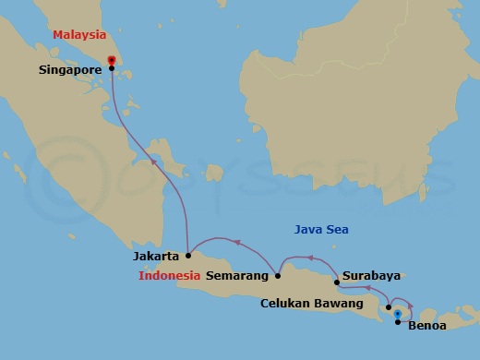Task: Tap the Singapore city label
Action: pyautogui.click(x=70, y=68)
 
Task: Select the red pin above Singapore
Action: pyautogui.click(x=112, y=61)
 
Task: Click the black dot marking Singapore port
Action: pyautogui.click(x=112, y=68)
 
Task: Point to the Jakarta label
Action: pyautogui.click(x=156, y=256)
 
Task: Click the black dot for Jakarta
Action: pyautogui.click(x=187, y=256)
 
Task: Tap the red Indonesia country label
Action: pyautogui.click(x=170, y=275)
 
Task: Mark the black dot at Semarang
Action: pyautogui.click(x=279, y=275)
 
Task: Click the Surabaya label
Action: pyautogui.click(x=371, y=275)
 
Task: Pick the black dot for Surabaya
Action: pyautogui.click(x=337, y=270)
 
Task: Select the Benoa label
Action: pyautogui.click(x=426, y=325)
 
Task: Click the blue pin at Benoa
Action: pyautogui.click(x=398, y=314)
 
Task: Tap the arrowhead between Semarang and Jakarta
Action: pyautogui.click(x=237, y=242)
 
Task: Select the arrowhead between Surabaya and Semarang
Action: pyautogui.click(x=309, y=258)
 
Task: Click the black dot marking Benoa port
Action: pyautogui.click(x=398, y=322)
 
